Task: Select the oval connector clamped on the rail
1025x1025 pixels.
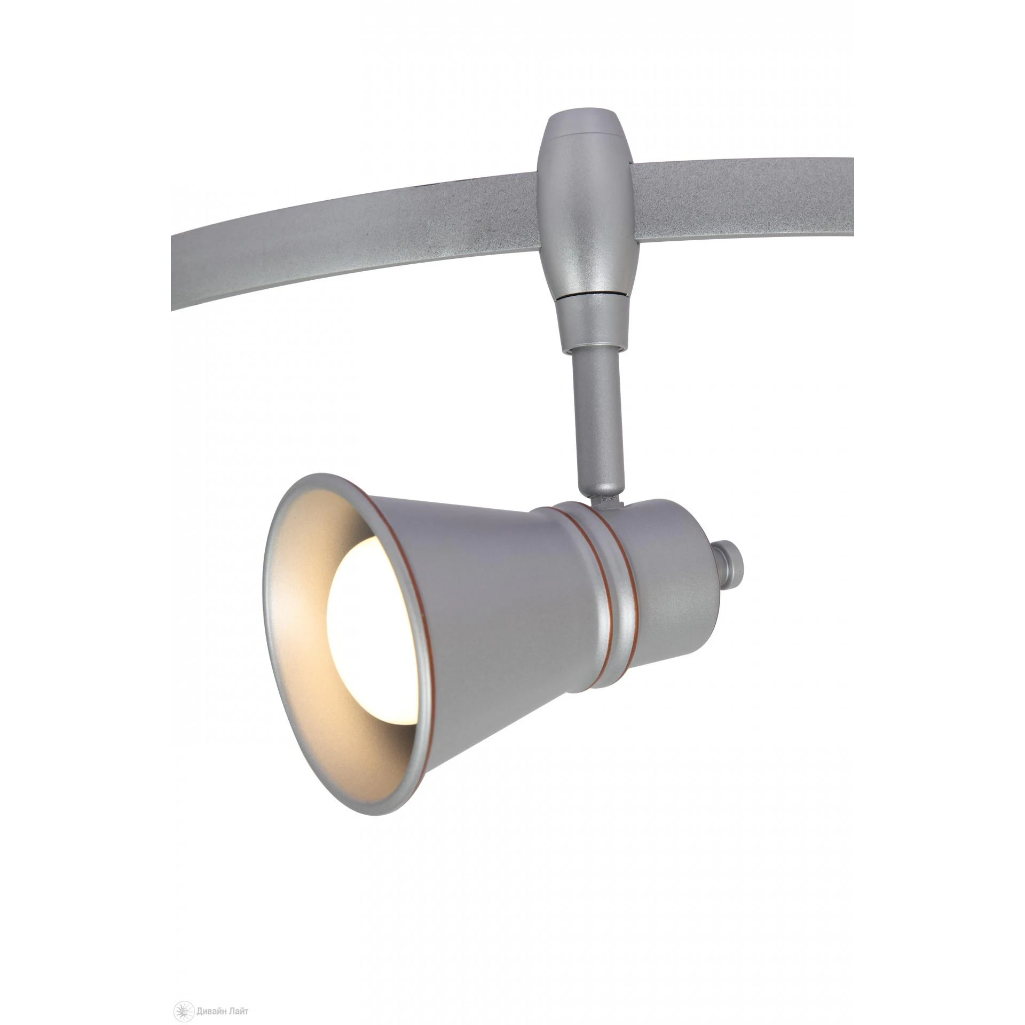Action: point(584,214)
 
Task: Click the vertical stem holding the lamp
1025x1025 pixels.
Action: point(596,416)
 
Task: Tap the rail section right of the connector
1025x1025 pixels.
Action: point(747,203)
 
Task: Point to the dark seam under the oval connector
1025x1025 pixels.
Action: point(587,294)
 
